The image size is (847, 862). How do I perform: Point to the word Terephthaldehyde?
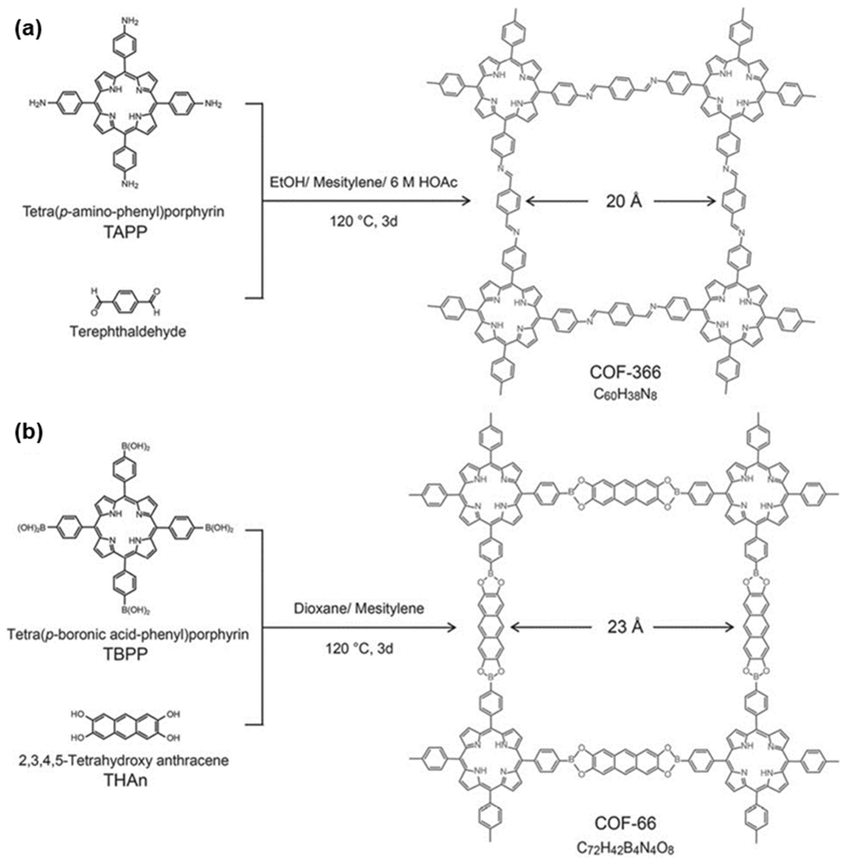pos(128,332)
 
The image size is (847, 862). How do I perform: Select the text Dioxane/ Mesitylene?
pos(358,608)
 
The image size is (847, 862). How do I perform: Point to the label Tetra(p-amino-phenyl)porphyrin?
pos(124,211)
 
